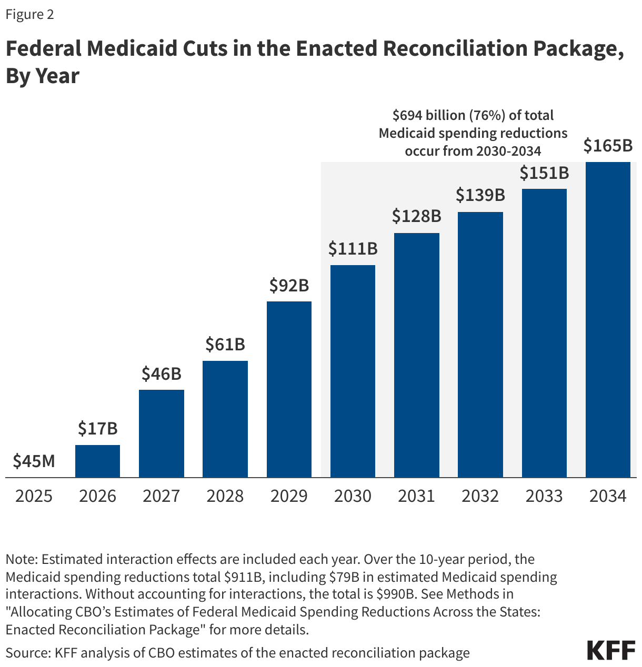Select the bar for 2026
[97, 461]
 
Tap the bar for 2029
[289, 389]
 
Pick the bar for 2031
[417, 355]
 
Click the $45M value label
[34, 461]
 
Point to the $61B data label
[225, 345]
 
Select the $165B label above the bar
[608, 146]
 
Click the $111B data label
[353, 249]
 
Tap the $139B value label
[480, 196]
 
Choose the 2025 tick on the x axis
[34, 496]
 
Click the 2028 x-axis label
[225, 496]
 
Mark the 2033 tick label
[544, 496]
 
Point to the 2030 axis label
[353, 496]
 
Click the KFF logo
[611, 651]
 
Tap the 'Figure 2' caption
[29, 14]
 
